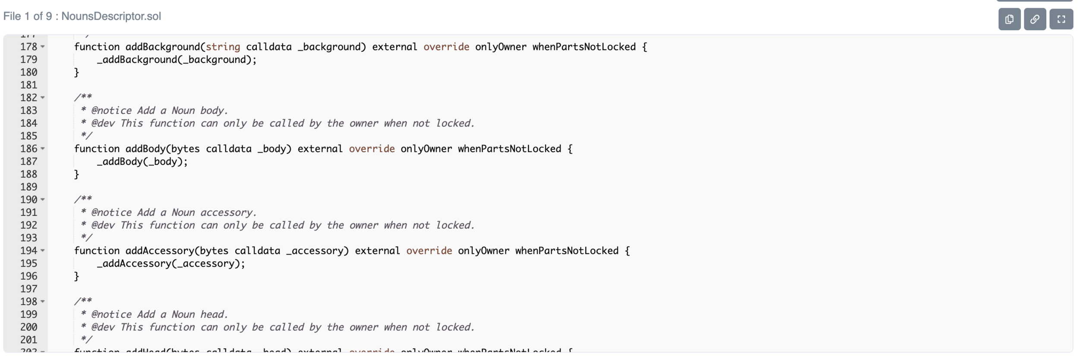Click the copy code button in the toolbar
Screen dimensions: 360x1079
(x=1009, y=19)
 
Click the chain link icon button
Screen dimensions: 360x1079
(x=1035, y=19)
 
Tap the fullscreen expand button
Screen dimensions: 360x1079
(x=1061, y=19)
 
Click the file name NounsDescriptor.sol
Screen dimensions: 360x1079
(x=111, y=16)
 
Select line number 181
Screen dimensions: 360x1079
(x=28, y=85)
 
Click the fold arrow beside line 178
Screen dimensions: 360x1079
(x=43, y=47)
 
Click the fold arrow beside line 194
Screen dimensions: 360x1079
(x=43, y=250)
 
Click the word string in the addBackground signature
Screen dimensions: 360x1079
(x=223, y=47)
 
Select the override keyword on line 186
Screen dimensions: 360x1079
(x=372, y=149)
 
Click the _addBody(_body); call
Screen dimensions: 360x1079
(x=142, y=161)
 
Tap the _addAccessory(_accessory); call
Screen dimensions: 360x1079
(x=171, y=263)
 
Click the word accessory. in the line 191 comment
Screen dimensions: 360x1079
(x=228, y=212)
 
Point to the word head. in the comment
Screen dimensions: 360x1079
(x=214, y=314)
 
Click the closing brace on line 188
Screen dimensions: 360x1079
(x=77, y=174)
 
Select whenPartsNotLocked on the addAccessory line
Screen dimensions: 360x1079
(x=567, y=251)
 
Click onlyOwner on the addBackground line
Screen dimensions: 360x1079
(x=501, y=47)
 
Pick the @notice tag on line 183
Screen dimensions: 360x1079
(x=111, y=111)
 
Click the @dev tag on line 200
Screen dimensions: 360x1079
(x=103, y=327)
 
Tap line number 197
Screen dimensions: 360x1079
(x=28, y=289)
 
